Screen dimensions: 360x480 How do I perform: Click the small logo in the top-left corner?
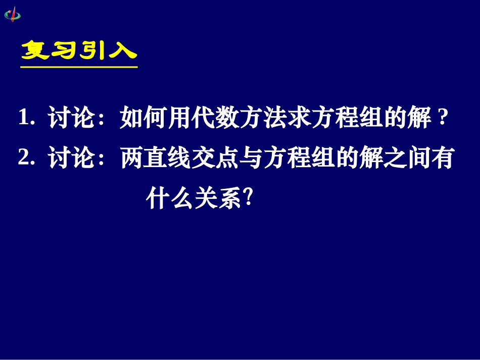click(13, 14)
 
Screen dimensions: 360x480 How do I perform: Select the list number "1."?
click(26, 120)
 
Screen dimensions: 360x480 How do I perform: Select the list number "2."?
click(26, 159)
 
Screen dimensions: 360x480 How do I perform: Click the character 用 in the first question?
click(183, 120)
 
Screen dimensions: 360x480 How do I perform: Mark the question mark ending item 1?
click(443, 120)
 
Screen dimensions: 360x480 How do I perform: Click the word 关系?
click(215, 196)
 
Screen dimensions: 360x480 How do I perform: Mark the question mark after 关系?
click(247, 196)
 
